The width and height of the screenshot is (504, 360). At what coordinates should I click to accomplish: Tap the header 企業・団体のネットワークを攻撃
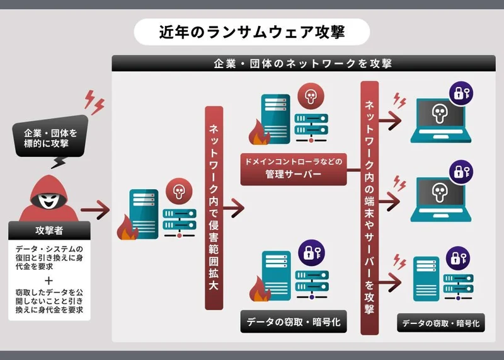point(303,64)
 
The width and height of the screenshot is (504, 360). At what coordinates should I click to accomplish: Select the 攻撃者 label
point(49,230)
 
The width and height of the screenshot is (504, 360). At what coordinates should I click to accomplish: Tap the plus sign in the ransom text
point(49,281)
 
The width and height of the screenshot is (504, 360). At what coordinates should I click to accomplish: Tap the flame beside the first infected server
point(129,230)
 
